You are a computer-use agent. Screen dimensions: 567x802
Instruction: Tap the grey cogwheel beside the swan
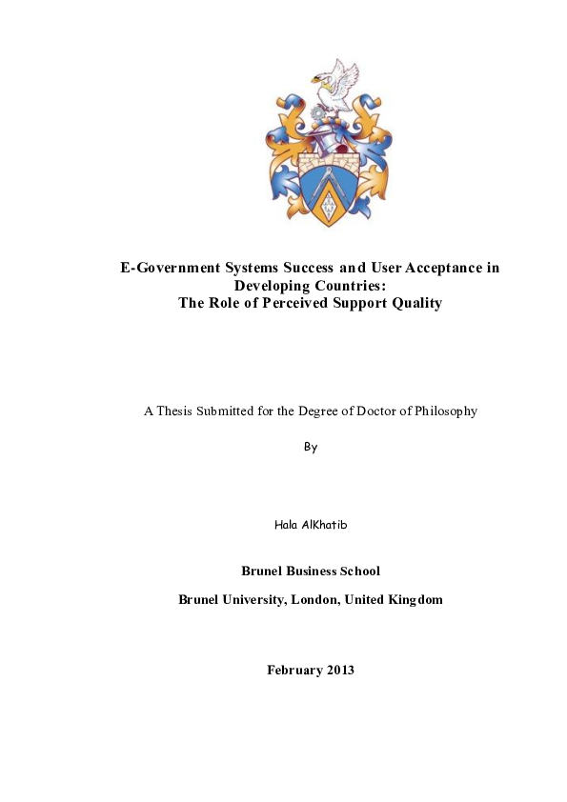point(317,113)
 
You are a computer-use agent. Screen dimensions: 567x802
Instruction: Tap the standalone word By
point(310,447)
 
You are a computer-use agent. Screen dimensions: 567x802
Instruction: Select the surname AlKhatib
point(323,526)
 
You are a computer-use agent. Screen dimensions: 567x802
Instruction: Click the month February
point(294,671)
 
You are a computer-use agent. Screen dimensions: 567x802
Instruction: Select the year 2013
point(340,671)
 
